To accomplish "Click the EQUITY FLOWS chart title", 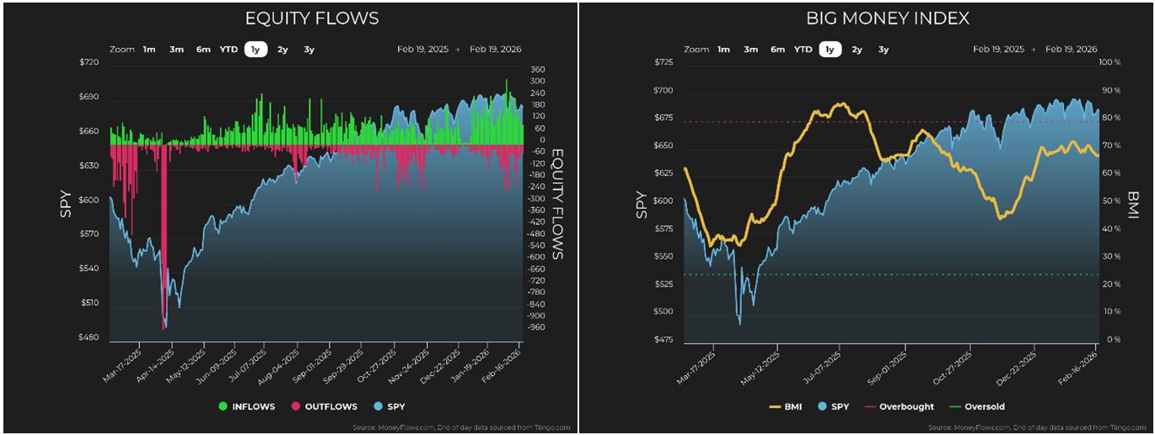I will coord(311,19).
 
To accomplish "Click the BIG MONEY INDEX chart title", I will coord(888,19).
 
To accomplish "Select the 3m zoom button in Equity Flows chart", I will coord(176,49).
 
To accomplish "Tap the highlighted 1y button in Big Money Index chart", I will coord(830,49).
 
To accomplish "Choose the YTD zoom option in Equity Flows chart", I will coord(228,49).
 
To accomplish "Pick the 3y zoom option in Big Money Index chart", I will coord(883,49).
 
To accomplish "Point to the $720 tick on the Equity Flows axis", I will coord(89,63).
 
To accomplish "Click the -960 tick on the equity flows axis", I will coord(535,327).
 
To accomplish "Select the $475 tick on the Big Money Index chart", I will coord(664,340).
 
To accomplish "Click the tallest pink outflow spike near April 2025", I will coord(164,236).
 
